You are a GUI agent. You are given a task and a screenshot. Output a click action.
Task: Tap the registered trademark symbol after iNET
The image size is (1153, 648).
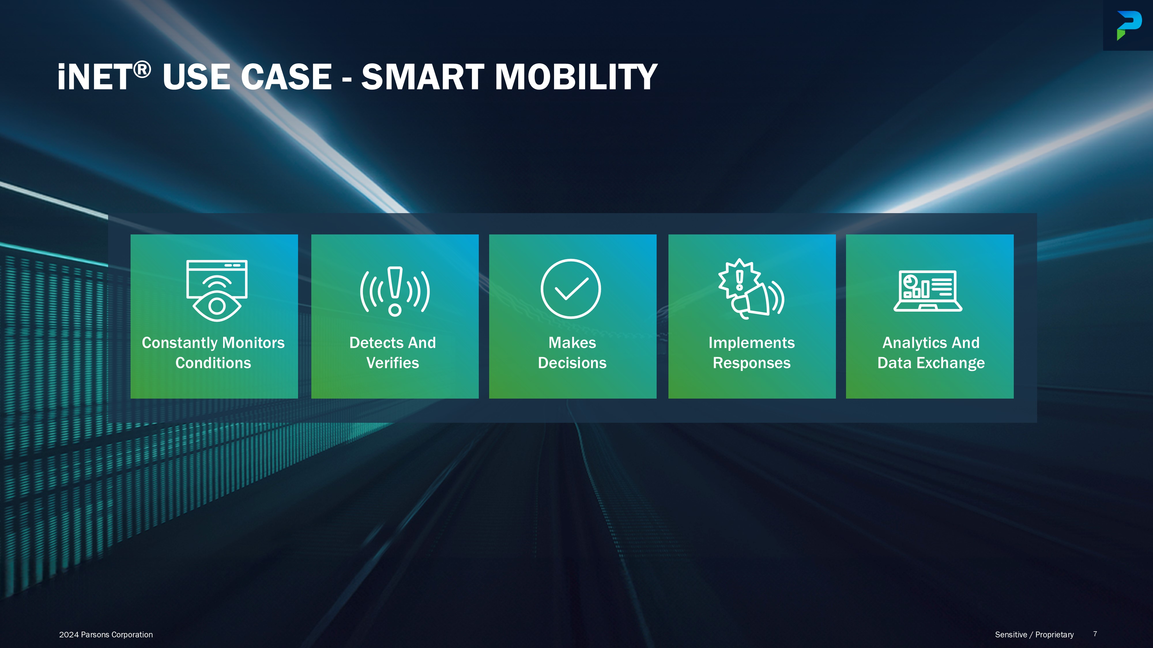click(142, 70)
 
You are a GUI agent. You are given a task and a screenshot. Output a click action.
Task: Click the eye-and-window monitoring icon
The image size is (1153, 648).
click(217, 291)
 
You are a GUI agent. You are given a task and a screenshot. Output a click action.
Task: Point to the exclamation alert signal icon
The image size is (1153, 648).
click(395, 291)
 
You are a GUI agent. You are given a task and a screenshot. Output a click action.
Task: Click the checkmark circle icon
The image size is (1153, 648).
click(571, 289)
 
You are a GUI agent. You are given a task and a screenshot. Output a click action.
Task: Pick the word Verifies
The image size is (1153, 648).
click(393, 363)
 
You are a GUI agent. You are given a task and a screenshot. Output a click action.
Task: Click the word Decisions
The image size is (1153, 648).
click(572, 363)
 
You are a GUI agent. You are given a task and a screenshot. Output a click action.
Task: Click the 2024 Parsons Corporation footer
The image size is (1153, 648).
click(106, 634)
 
